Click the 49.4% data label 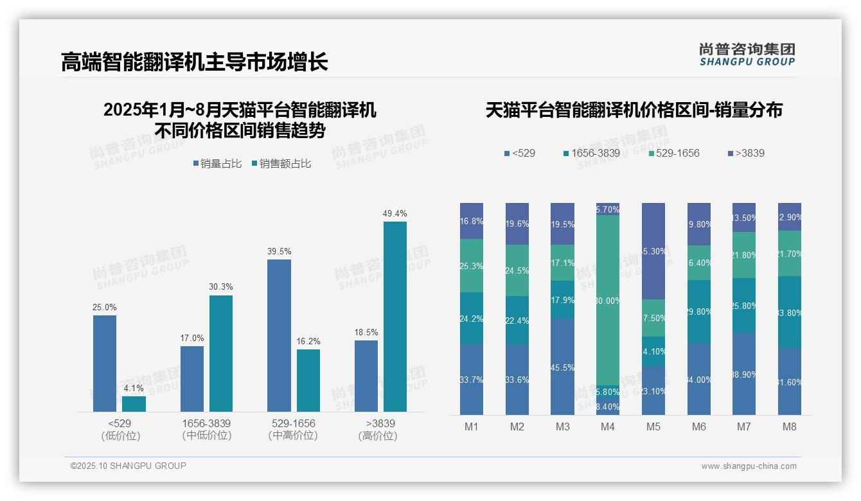pos(395,214)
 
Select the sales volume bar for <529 pos(105,363)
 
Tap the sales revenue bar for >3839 pos(395,316)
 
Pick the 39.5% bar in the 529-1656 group pos(279,335)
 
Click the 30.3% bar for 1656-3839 pos(221,353)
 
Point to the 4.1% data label pos(134,389)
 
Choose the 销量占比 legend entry pos(217,164)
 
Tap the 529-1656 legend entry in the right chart pos(674,154)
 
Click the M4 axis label pos(608,426)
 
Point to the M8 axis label pos(790,426)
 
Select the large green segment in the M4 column pos(608,300)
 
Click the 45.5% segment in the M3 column pos(562,367)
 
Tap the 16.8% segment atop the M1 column pos(472,221)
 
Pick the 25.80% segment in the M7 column pos(744,305)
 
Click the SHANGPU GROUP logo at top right pos(747,54)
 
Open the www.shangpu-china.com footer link pos(749,466)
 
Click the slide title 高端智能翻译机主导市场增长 pos(194,62)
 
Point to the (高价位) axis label pos(378,435)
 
